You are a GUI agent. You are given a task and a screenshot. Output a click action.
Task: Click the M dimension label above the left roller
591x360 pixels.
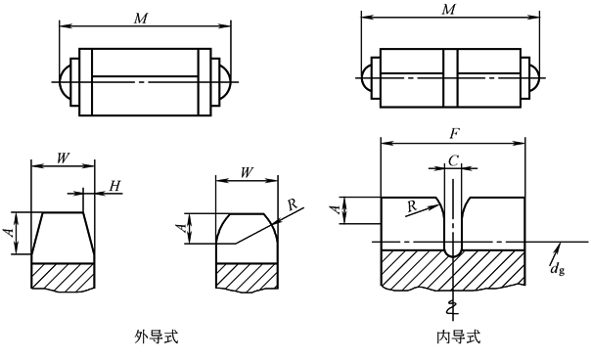(141, 18)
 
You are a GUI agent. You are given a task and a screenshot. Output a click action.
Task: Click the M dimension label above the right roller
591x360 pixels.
(448, 9)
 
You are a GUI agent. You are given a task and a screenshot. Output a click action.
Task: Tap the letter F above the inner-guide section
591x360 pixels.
(455, 134)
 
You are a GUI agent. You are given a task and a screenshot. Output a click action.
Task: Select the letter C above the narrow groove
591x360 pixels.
(453, 160)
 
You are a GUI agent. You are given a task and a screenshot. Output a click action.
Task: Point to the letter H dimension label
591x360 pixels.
(114, 186)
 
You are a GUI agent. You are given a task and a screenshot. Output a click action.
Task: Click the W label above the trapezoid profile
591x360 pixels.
(63, 157)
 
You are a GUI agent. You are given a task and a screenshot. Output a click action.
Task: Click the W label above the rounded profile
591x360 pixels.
(247, 172)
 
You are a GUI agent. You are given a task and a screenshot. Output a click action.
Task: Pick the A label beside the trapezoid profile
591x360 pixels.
(13, 232)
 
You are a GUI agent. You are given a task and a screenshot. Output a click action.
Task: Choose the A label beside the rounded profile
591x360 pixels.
(181, 228)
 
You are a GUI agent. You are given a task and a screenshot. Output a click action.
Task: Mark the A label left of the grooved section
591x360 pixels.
(337, 209)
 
